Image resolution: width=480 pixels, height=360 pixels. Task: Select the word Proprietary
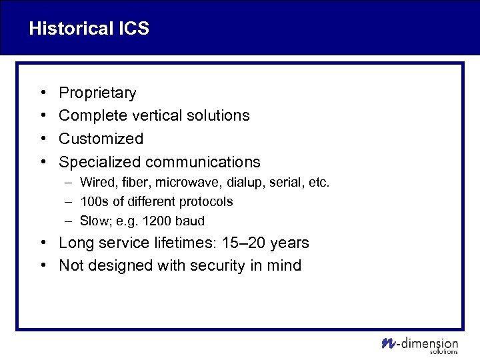97,93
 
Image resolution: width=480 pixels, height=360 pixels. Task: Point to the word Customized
101,139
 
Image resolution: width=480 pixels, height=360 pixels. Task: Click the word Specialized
100,162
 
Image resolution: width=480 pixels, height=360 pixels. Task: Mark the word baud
189,221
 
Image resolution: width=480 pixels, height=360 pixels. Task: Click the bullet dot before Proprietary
42,93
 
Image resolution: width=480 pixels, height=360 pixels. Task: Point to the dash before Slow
69,221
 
